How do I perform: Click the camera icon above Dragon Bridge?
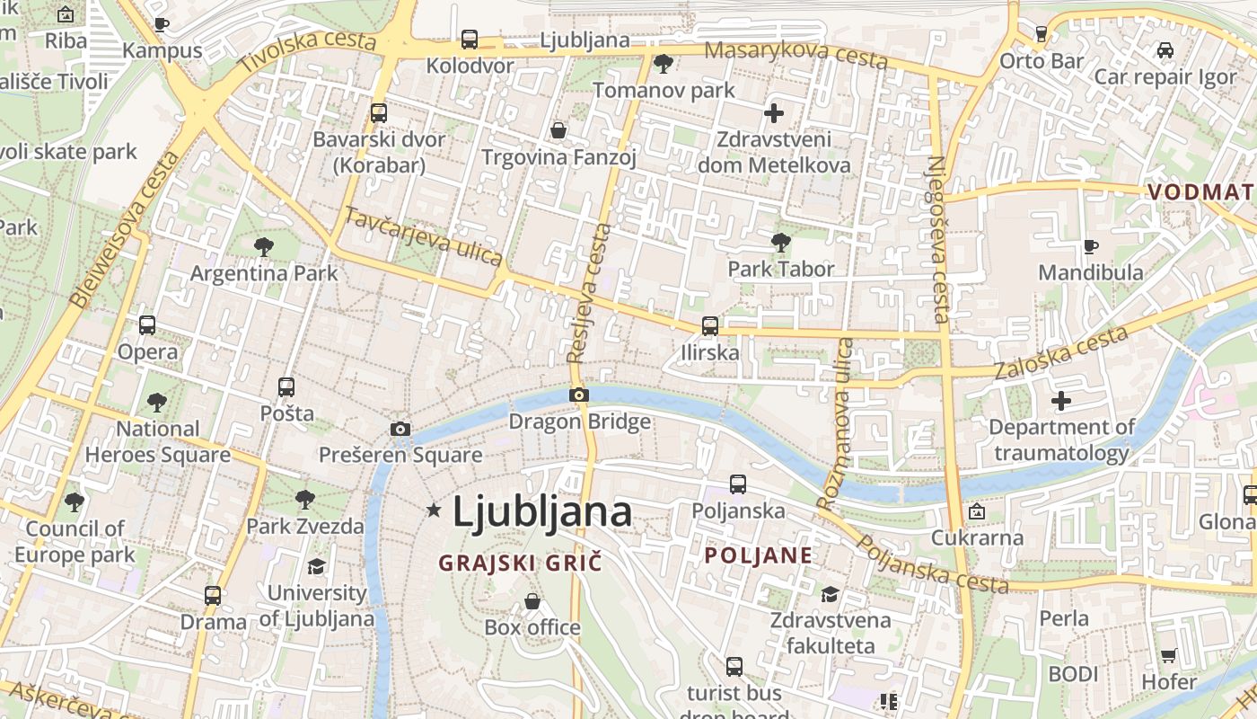point(579,395)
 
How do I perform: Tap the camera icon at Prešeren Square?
point(400,429)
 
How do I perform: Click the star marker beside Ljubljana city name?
point(434,510)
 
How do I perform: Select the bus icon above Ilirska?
point(710,325)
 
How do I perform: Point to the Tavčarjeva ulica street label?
point(424,237)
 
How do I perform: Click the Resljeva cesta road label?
point(589,293)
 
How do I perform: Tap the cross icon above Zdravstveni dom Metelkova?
point(773,113)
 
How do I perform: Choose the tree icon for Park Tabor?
point(780,242)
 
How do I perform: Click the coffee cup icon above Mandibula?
point(1091,245)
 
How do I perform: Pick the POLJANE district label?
point(759,555)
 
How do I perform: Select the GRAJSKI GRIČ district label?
point(520,564)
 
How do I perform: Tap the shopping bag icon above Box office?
point(532,600)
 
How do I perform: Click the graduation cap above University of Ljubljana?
point(316,566)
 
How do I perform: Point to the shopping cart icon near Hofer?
point(1168,655)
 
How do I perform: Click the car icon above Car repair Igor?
point(1165,50)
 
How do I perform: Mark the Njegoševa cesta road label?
point(937,239)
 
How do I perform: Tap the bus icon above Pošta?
point(286,387)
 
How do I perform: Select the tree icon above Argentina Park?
point(263,246)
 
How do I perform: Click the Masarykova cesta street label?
point(796,54)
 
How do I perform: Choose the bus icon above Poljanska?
point(738,484)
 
